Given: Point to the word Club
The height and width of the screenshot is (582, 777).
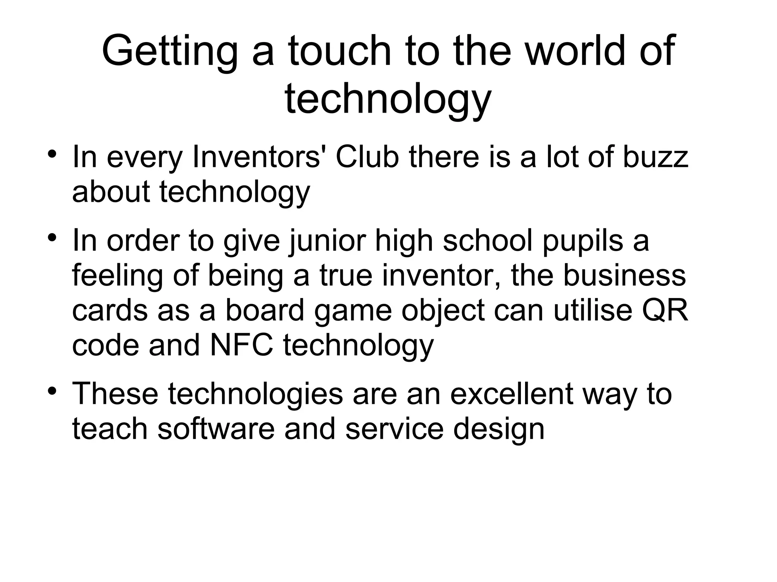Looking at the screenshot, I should [367, 157].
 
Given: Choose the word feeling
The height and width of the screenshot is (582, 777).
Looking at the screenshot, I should [117, 276].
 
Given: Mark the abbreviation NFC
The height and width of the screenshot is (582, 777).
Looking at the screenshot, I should [241, 345].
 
